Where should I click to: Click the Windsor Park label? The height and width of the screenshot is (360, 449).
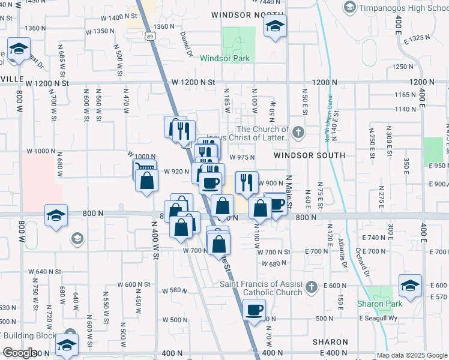pos(224,58)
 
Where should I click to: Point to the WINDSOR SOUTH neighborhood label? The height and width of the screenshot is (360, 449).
pos(309,155)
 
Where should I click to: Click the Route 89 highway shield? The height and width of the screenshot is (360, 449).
pos(149,37)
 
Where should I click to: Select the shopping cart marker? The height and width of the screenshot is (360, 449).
pos(144,169)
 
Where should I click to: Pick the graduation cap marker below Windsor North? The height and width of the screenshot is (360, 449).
pos(275,26)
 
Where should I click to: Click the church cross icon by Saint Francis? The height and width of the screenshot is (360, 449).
pos(311,287)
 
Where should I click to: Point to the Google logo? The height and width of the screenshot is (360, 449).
pos(19,353)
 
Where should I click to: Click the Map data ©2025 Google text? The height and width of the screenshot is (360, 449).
pos(412,355)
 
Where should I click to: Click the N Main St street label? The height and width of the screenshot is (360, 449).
pos(289,192)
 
